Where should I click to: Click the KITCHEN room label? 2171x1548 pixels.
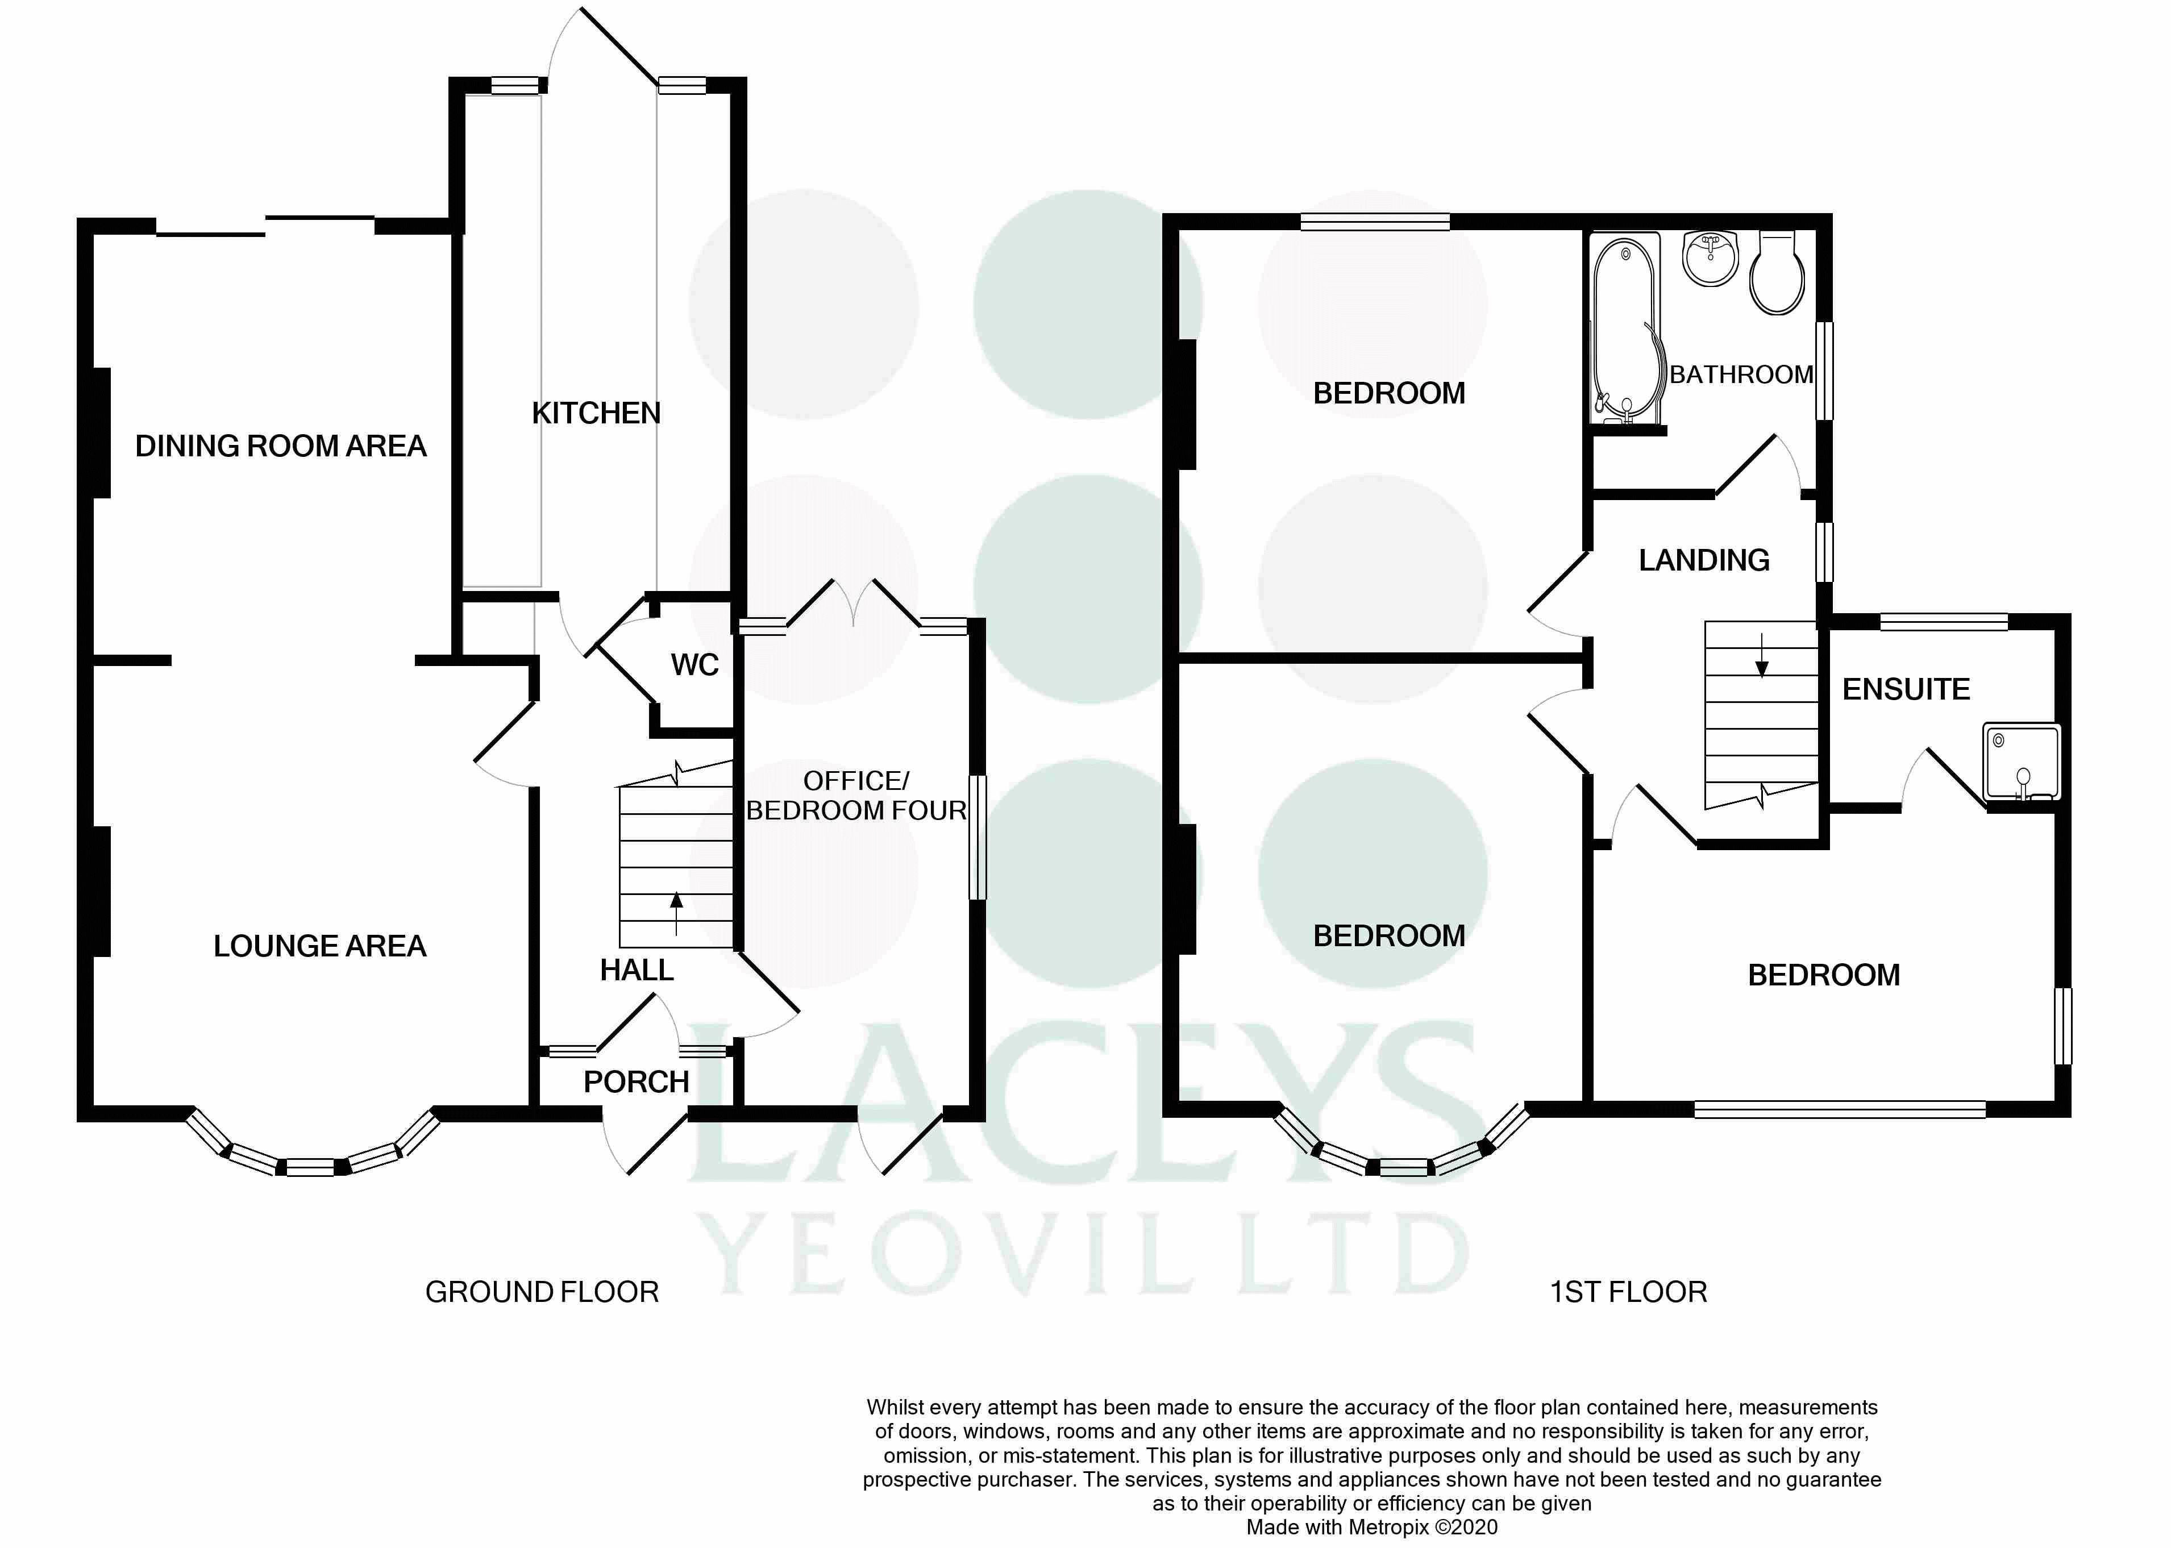(596, 413)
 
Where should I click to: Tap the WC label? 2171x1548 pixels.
(694, 664)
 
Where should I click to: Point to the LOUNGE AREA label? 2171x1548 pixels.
(320, 946)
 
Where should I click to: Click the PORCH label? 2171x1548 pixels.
(637, 1082)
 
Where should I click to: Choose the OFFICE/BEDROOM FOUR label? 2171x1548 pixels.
(856, 795)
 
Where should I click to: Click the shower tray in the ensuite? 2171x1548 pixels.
(2022, 761)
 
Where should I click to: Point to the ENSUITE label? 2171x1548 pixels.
(1906, 689)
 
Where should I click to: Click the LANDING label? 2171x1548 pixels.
(1704, 560)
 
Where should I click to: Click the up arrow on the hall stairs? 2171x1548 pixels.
(677, 913)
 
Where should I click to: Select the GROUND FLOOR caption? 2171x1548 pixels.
(542, 1292)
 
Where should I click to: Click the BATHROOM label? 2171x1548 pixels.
(1741, 374)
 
